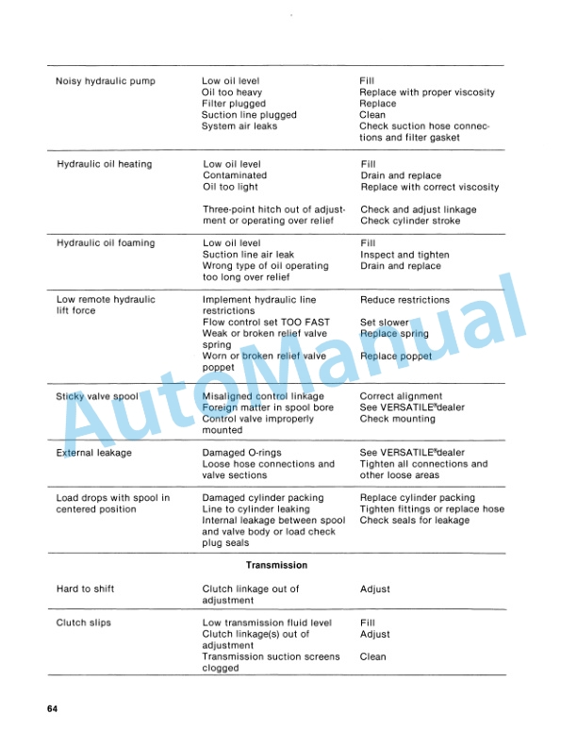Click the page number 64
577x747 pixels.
pos(52,708)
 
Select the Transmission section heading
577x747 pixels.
pos(276,565)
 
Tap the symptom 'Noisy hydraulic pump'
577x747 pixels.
pos(105,81)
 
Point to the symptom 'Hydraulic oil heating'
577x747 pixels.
pos(104,164)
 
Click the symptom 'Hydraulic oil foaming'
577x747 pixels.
pos(106,243)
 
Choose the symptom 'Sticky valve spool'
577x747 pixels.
pos(97,396)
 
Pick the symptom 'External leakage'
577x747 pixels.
pos(93,453)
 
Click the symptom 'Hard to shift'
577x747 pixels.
pos(85,589)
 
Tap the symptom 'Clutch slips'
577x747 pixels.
pos(83,622)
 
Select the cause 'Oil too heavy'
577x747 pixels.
pos(232,92)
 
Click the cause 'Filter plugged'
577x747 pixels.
pos(234,104)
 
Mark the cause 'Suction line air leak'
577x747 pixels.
pos(249,255)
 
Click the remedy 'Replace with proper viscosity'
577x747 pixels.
pos(427,92)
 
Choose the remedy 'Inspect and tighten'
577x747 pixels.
pos(404,255)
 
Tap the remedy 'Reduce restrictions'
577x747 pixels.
pos(405,300)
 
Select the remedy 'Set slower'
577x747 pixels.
pos(385,323)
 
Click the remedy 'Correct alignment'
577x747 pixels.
pos(401,396)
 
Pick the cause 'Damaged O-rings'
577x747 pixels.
pos(242,453)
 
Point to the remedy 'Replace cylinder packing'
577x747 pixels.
pos(418,498)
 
